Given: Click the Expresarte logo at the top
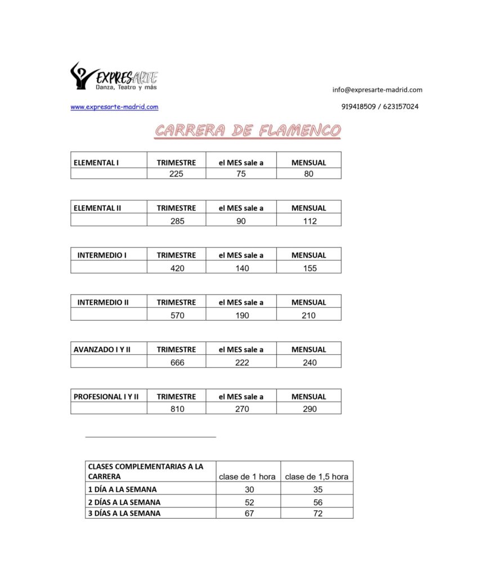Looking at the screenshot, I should pyautogui.click(x=114, y=76).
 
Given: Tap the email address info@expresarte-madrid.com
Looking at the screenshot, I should pyautogui.click(x=377, y=89).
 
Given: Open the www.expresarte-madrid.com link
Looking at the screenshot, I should pyautogui.click(x=114, y=107).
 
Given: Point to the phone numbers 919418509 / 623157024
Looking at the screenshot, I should pyautogui.click(x=380, y=106).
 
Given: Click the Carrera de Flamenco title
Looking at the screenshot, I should pyautogui.click(x=248, y=131).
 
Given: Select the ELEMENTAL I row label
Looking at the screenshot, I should pyautogui.click(x=96, y=163).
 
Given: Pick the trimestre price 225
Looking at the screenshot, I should pyautogui.click(x=176, y=174).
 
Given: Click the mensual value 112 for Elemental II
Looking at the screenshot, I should pyautogui.click(x=309, y=221).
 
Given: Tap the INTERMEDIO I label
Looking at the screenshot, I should pyautogui.click(x=102, y=255).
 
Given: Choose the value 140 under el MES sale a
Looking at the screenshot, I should pyautogui.click(x=242, y=268).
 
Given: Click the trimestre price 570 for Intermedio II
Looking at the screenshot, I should pyautogui.click(x=177, y=316).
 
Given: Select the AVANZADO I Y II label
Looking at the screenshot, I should pyautogui.click(x=102, y=349).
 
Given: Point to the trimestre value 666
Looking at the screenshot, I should pyautogui.click(x=177, y=363).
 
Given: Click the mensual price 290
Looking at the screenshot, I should pyautogui.click(x=309, y=409).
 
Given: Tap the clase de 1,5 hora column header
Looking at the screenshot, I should pyautogui.click(x=317, y=476).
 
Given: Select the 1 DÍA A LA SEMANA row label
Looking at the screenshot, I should pyautogui.click(x=123, y=489).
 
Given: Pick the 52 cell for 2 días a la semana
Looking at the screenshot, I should pyautogui.click(x=249, y=502).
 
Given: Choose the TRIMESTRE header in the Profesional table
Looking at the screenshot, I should pyautogui.click(x=176, y=397).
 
